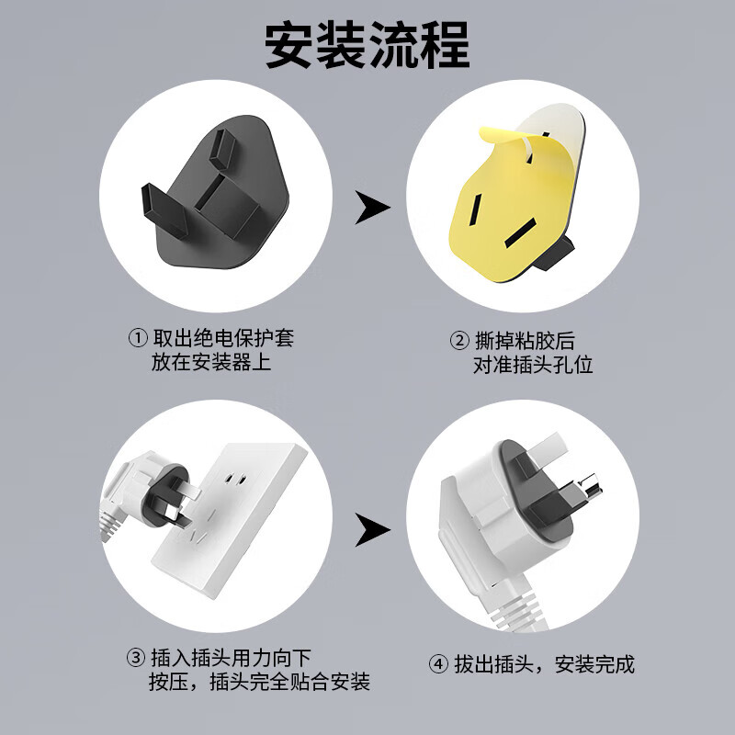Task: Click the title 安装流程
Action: pyautogui.click(x=367, y=43)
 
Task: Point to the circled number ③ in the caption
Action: pyautogui.click(x=135, y=658)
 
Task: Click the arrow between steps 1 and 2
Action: pyautogui.click(x=371, y=209)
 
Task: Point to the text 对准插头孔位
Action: pyautogui.click(x=533, y=364)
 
